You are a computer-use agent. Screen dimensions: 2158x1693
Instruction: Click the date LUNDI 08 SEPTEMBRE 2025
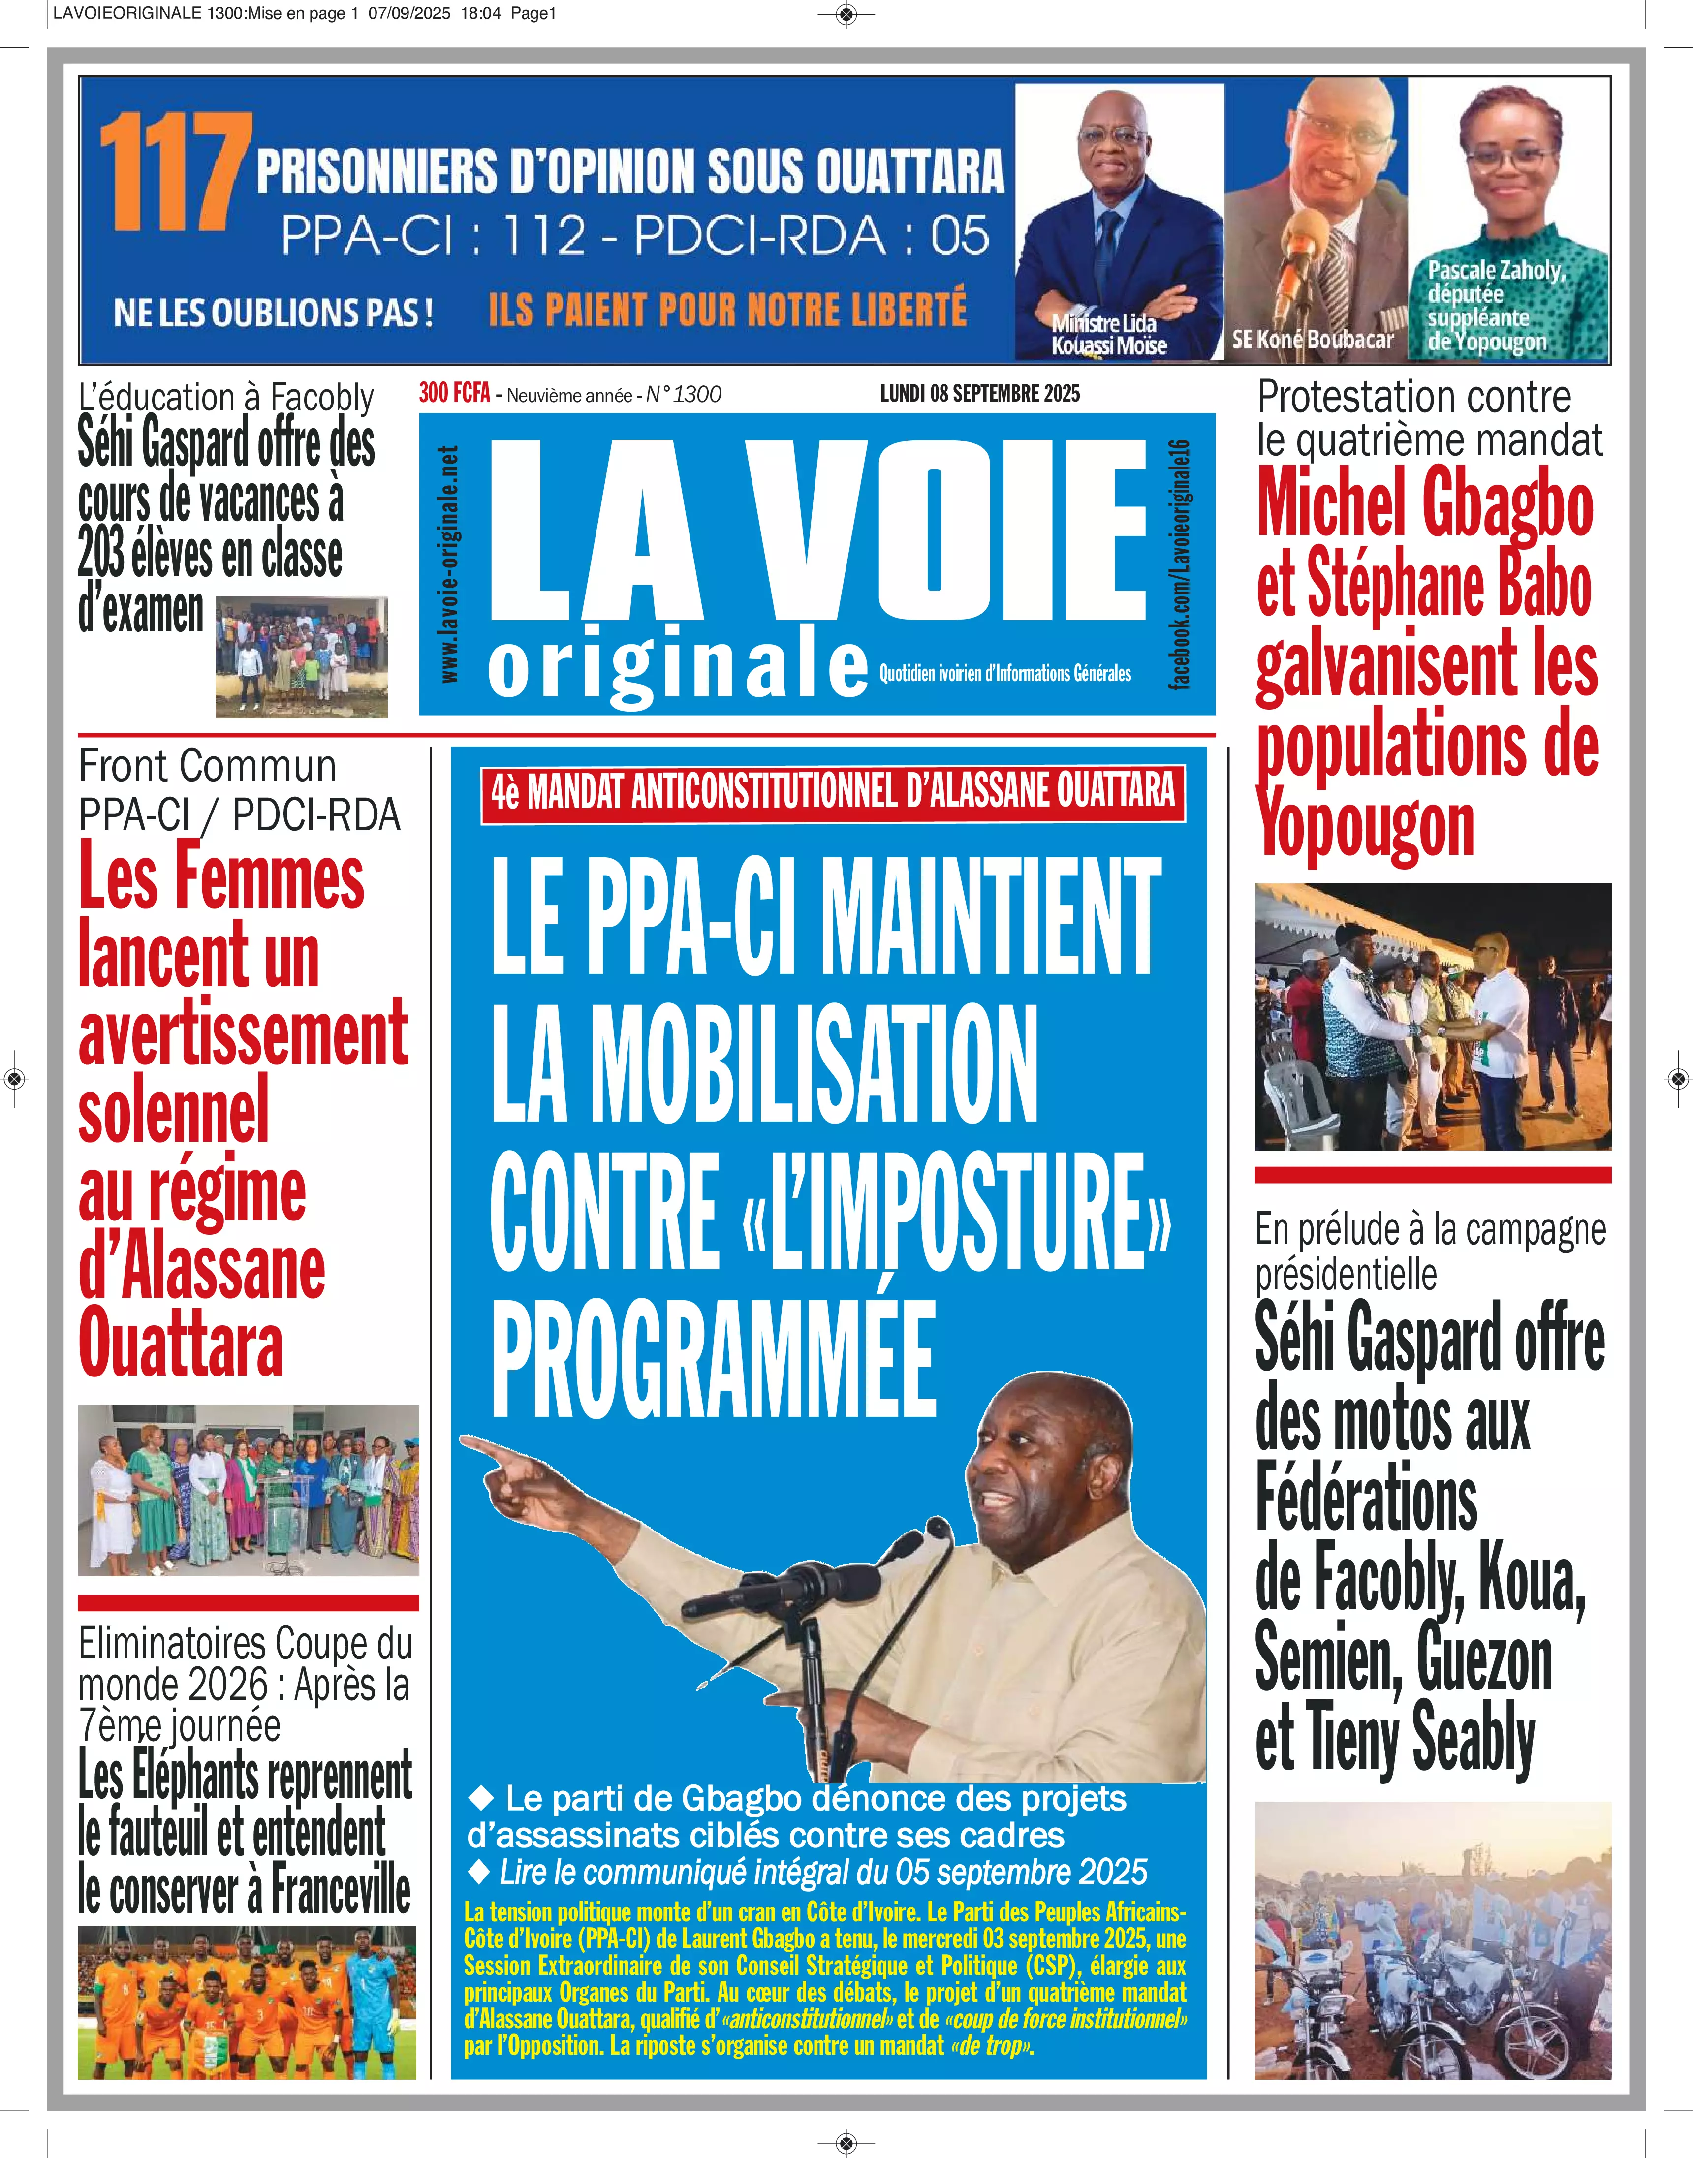979,394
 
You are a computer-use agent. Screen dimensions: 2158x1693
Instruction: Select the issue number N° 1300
684,395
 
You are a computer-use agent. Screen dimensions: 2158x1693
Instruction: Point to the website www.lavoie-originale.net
449,563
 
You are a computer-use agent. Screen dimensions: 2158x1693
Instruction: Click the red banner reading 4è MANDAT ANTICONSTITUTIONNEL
833,792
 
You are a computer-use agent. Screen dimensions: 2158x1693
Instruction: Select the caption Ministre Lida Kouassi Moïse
1108,334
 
